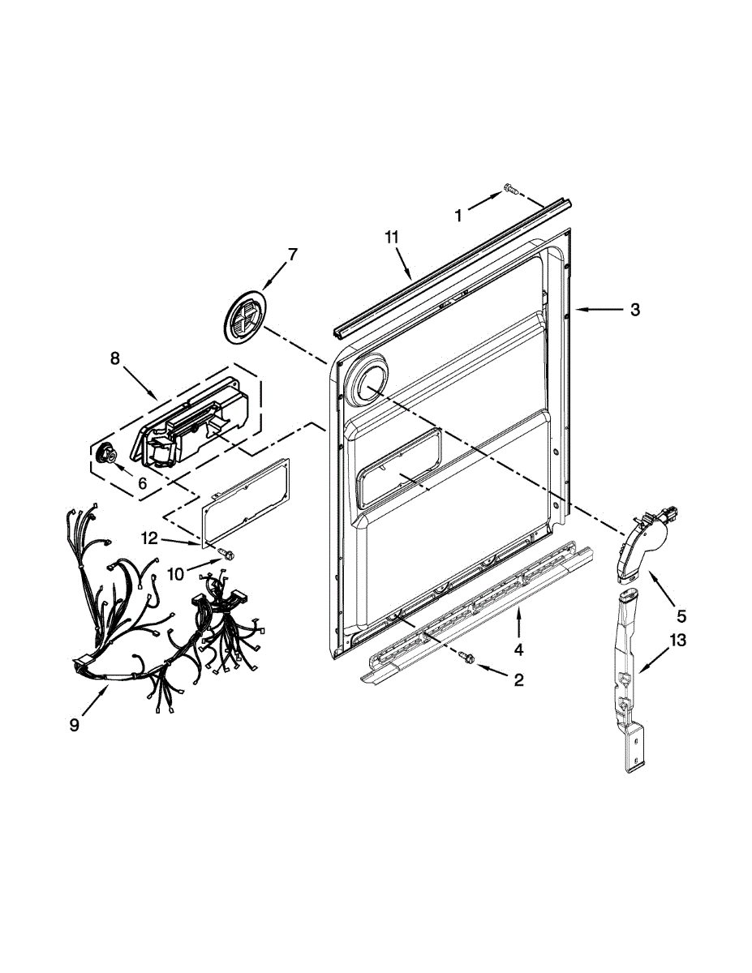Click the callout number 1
tap(458, 215)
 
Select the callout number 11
tap(392, 237)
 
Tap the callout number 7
tap(292, 254)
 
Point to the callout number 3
tap(635, 309)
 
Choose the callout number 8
tap(114, 358)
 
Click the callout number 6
tap(142, 482)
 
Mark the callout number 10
tap(176, 574)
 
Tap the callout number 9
tap(75, 726)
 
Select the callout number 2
tap(518, 679)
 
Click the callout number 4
tap(518, 649)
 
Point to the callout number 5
tap(681, 615)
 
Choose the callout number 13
tap(678, 641)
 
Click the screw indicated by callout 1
tap(510, 189)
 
